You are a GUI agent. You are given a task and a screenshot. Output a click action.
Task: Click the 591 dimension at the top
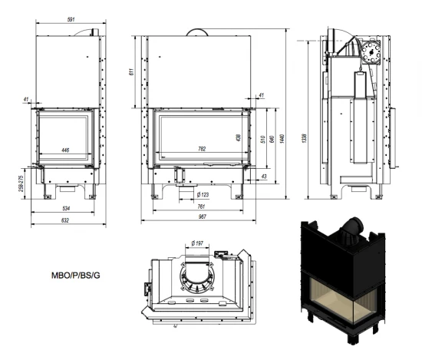(71, 19)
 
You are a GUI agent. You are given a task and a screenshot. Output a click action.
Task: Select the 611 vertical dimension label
(131, 72)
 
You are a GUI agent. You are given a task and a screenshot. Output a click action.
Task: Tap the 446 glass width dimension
(65, 150)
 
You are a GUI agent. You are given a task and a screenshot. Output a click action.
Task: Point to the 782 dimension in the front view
(202, 149)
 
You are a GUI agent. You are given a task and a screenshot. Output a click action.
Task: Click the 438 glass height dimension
(238, 138)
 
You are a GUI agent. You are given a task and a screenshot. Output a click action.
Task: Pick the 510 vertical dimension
(263, 139)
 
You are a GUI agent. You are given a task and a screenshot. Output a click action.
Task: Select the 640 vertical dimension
(272, 139)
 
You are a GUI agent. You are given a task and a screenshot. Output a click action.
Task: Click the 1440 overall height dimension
(282, 139)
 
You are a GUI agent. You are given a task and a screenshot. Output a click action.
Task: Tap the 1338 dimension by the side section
(305, 138)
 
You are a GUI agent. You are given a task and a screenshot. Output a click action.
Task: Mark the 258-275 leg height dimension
(21, 183)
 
